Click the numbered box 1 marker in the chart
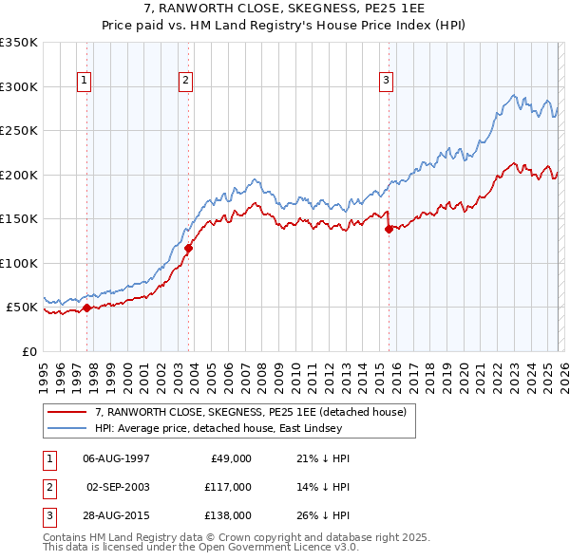click(x=85, y=82)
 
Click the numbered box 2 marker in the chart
click(x=186, y=82)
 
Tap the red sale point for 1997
click(x=86, y=308)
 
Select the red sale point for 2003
click(x=188, y=249)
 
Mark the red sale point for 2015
click(x=389, y=229)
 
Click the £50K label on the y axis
click(x=22, y=308)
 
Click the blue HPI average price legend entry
click(x=237, y=429)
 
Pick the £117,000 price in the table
click(x=227, y=486)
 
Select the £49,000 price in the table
click(x=230, y=457)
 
